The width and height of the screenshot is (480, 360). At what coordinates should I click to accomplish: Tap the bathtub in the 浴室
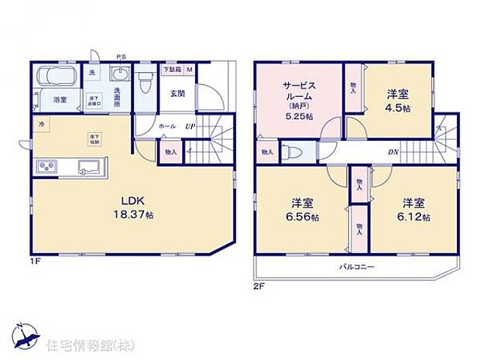point(55,79)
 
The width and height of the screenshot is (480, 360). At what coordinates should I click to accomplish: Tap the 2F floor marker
point(259,285)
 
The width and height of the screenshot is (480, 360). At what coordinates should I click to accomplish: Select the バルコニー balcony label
point(356,266)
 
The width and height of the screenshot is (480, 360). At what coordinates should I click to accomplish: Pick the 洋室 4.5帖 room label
point(398,102)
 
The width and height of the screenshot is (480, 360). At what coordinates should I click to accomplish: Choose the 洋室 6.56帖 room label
point(302,210)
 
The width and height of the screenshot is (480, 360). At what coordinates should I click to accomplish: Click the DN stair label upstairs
point(394,152)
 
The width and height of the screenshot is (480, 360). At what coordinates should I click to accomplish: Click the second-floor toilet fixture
point(289,152)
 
